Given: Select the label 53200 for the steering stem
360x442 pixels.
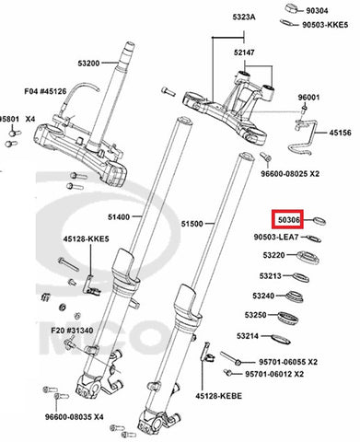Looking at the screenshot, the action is tap(88, 64).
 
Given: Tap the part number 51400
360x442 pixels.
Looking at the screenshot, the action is tap(119, 217).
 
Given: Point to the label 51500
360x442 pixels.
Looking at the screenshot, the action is tap(192, 224).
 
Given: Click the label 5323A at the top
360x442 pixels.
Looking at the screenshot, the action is tap(244, 17).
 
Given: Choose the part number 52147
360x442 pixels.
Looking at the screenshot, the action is tap(244, 52).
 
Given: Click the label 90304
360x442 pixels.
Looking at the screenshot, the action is tap(317, 11).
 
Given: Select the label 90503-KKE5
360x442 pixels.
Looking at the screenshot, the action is tap(325, 25).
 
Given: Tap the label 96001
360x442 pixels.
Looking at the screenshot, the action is tap(308, 98).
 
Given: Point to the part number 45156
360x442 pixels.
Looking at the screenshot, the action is tap(341, 133).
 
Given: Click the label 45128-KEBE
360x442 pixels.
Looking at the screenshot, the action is tap(219, 396).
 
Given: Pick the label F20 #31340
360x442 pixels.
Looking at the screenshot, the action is tap(72, 331).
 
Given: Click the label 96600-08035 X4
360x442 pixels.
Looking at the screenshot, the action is tap(75, 417).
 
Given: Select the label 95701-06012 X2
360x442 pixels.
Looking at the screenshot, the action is tap(274, 374).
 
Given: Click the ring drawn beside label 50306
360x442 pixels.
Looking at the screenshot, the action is tap(319, 221).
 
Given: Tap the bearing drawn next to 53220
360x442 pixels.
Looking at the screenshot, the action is tap(308, 257).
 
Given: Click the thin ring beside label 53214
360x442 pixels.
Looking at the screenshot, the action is tap(281, 339).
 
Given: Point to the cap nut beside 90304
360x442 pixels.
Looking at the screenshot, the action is tap(293, 8).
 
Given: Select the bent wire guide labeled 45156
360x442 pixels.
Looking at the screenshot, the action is tap(307, 137).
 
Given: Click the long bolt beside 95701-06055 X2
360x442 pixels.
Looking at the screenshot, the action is tap(231, 358).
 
